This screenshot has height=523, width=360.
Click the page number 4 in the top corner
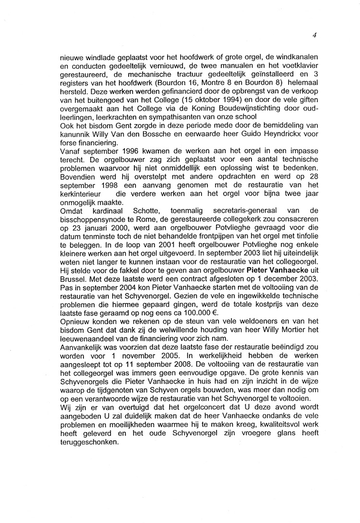click(x=314, y=35)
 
